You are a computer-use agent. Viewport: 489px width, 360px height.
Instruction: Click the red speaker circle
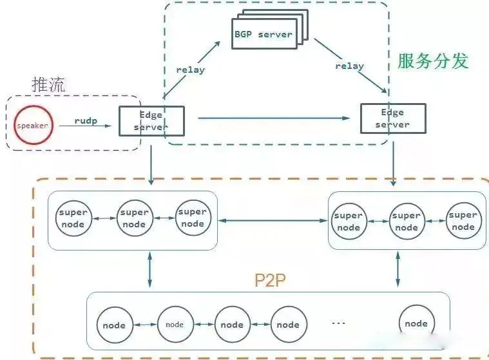[x=32, y=125]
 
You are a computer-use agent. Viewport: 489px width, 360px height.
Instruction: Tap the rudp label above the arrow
[x=85, y=120]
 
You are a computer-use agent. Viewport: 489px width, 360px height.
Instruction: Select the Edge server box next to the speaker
[x=151, y=121]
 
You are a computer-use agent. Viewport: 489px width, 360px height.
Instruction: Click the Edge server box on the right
[x=392, y=118]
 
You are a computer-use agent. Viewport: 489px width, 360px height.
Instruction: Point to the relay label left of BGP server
[x=190, y=70]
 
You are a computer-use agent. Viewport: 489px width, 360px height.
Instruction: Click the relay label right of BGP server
[x=349, y=66]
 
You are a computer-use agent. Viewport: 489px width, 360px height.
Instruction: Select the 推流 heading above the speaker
[x=49, y=84]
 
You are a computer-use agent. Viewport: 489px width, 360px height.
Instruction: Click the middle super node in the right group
[x=406, y=222]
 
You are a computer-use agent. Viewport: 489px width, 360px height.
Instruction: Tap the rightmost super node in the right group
[x=463, y=221]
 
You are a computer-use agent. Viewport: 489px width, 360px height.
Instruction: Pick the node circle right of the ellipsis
[x=416, y=323]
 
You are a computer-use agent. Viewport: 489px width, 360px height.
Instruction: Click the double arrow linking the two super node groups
[x=273, y=221]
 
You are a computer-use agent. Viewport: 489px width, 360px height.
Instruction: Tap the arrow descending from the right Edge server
[x=393, y=160]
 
